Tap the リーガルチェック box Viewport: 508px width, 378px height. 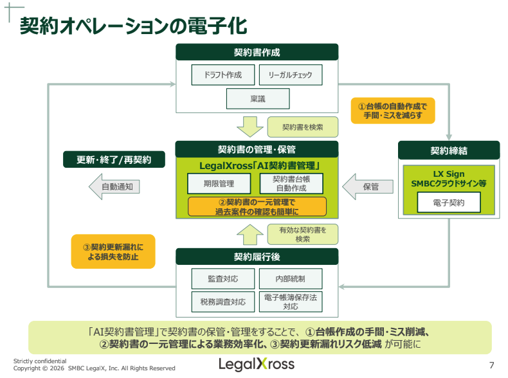click(290, 75)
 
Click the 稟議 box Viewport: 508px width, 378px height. click(258, 98)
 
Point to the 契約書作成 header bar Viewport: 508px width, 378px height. click(257, 52)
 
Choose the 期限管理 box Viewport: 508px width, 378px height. click(219, 184)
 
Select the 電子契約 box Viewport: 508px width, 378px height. click(449, 203)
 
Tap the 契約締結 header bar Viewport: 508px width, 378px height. click(449, 150)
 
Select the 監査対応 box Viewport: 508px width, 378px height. click(222, 279)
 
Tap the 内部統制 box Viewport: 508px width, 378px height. click(290, 279)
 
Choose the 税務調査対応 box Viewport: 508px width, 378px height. click(222, 301)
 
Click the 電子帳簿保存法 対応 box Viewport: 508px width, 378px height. click(290, 301)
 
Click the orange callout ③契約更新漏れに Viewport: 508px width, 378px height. click(113, 251)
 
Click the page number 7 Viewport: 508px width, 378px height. click(492, 366)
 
